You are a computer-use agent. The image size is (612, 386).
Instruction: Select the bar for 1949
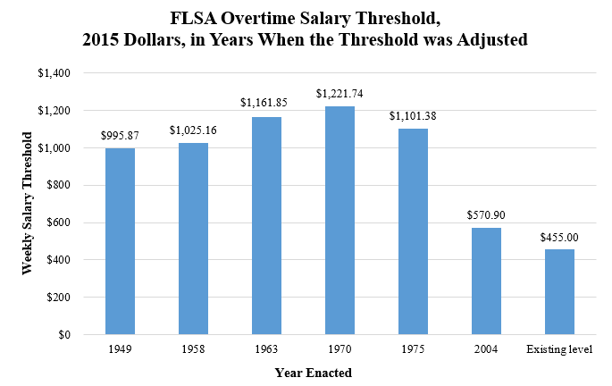point(120,241)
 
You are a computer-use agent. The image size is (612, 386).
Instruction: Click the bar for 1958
point(193,239)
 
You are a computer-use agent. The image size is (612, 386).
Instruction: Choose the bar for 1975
point(413,231)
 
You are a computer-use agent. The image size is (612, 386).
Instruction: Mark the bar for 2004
point(486,281)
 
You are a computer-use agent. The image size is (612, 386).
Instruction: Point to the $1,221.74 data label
point(340,94)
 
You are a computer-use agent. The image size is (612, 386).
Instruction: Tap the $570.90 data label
point(486,215)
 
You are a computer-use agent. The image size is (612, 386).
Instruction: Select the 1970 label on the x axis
point(340,348)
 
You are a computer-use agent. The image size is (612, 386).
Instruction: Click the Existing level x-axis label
point(559,348)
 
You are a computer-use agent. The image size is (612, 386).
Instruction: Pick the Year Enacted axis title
point(311,372)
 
